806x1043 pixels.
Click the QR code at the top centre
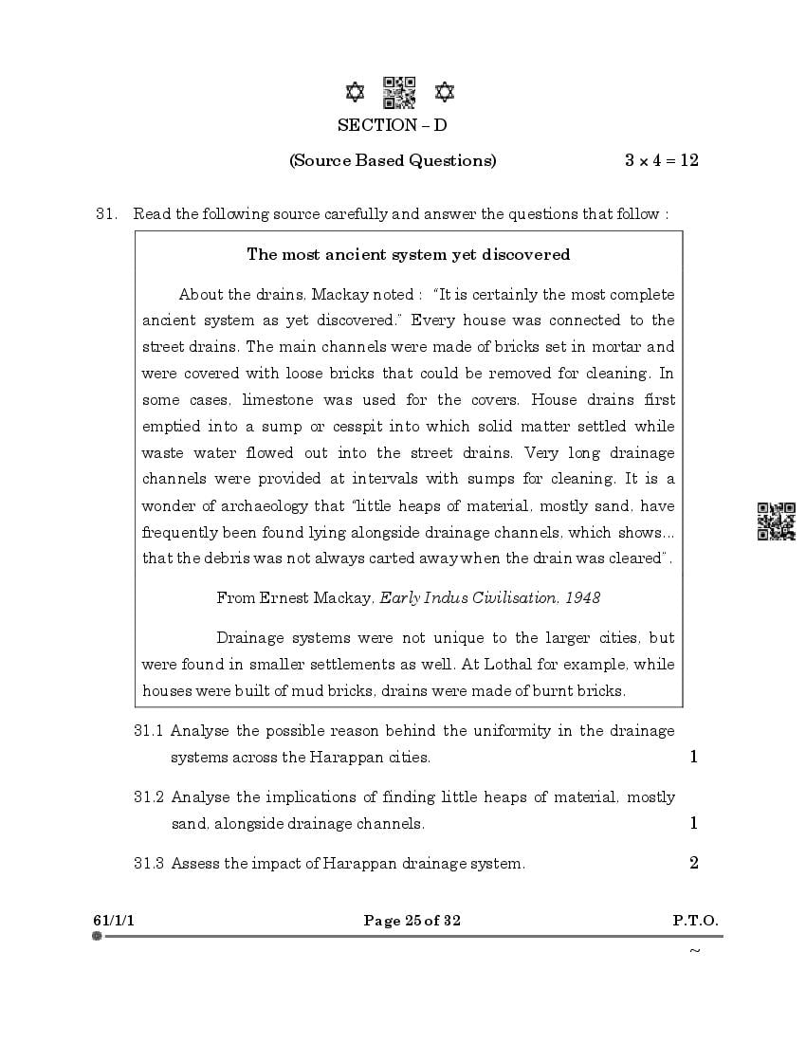pyautogui.click(x=398, y=92)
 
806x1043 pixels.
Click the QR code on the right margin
pyautogui.click(x=776, y=521)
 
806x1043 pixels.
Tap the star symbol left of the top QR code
pyautogui.click(x=355, y=92)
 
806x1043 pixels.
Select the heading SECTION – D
pyautogui.click(x=392, y=125)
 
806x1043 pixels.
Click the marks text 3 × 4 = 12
pyautogui.click(x=661, y=160)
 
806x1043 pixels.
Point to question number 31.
pyautogui.click(x=105, y=214)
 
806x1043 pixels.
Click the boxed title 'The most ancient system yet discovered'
pyautogui.click(x=408, y=254)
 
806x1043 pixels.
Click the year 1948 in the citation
pyautogui.click(x=582, y=597)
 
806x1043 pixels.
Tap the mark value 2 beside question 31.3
pyautogui.click(x=694, y=863)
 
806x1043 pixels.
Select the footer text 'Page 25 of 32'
pyautogui.click(x=412, y=921)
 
